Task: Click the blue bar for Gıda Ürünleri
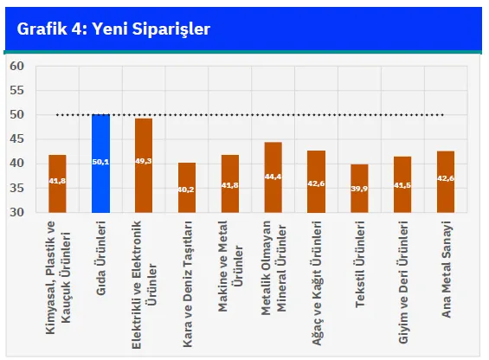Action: (x=100, y=164)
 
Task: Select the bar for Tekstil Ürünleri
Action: (x=359, y=189)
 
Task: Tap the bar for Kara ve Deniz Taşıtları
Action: (x=187, y=188)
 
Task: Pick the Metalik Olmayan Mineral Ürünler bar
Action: (x=273, y=177)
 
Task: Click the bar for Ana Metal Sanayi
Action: (x=446, y=182)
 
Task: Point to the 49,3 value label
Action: (x=144, y=161)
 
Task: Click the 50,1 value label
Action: (x=100, y=162)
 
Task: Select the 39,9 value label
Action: (x=359, y=189)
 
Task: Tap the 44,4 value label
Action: (x=273, y=177)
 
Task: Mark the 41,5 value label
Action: (x=402, y=185)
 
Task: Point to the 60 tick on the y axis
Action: (x=16, y=66)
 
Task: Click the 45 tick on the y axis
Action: (x=16, y=138)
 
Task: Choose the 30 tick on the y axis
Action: (x=16, y=212)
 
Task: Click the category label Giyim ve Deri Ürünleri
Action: (x=403, y=282)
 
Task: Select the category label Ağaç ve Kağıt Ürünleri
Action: (x=317, y=283)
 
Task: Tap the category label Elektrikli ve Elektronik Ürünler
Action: (x=144, y=285)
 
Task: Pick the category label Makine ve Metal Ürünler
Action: (x=230, y=266)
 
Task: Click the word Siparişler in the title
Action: (x=171, y=29)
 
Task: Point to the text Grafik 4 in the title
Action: (x=50, y=29)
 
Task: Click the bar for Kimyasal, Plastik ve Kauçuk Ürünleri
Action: (x=57, y=183)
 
